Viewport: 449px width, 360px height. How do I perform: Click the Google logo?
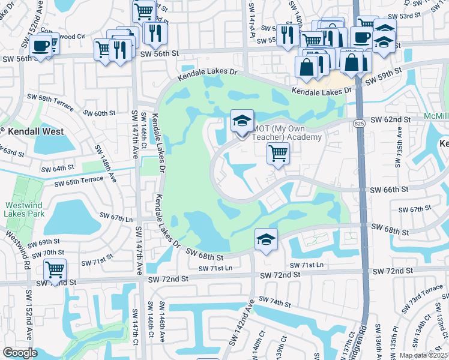click(20, 353)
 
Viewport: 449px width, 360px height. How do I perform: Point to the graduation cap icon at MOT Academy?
click(242, 121)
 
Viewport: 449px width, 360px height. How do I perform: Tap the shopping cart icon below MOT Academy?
click(278, 154)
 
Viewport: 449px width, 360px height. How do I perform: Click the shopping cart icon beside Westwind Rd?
click(55, 269)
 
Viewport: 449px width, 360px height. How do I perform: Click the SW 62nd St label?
click(390, 120)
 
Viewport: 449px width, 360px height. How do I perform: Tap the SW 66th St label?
click(389, 190)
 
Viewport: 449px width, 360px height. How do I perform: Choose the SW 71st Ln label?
click(307, 265)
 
